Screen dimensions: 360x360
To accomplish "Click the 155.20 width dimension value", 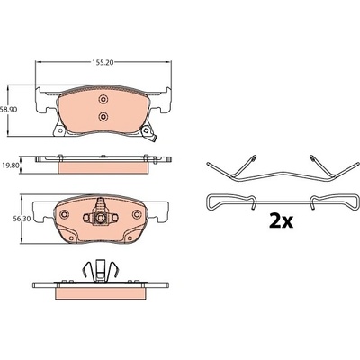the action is [103, 62].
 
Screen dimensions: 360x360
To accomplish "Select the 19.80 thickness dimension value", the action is [10, 165].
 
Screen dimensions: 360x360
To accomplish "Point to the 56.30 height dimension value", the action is [10, 219].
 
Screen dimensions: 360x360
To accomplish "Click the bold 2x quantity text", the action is [281, 221].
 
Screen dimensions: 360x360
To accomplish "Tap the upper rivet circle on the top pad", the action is [103, 99].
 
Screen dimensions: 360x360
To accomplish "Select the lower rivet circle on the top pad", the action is [103, 116].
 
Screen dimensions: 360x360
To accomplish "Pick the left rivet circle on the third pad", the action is [64, 214].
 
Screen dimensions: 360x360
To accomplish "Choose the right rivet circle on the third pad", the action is [137, 214].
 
